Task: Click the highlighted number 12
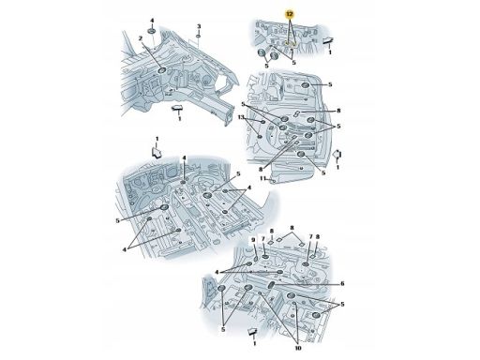point(290,14)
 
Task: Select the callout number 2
point(141,38)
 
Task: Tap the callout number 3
point(199,26)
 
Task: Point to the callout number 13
point(241,117)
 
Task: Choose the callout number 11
point(263,178)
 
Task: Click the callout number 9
point(253,240)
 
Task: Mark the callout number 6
point(342,283)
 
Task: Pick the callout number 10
point(298,348)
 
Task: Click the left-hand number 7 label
point(263,239)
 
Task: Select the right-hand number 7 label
point(311,237)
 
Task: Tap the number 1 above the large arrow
point(157,139)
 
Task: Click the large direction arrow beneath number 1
point(157,153)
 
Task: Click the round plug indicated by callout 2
point(161,70)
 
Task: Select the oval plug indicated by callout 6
point(271,285)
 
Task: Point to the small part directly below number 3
point(199,37)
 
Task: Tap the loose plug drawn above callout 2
point(152,31)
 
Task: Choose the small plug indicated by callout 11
point(273,181)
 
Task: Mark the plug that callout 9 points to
point(256,258)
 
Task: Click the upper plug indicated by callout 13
point(263,122)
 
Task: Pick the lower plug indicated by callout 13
point(259,136)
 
